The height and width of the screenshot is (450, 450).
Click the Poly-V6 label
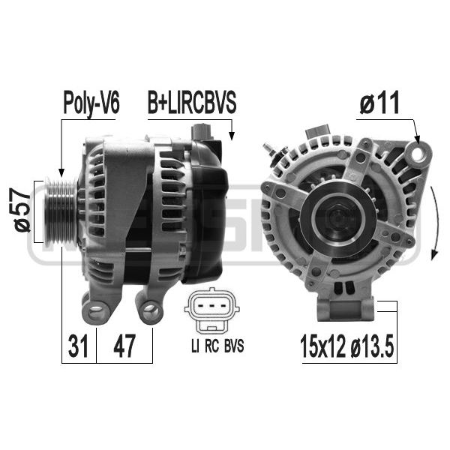(91, 103)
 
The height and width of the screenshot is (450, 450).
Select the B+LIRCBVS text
(192, 103)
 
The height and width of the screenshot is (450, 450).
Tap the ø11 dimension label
(379, 103)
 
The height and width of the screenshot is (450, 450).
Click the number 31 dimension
(78, 346)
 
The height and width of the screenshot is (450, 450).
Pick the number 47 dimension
(124, 346)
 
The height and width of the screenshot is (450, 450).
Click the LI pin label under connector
(195, 346)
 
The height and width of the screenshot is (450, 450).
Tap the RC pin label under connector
(212, 346)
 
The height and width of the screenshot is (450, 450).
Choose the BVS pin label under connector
(234, 346)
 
